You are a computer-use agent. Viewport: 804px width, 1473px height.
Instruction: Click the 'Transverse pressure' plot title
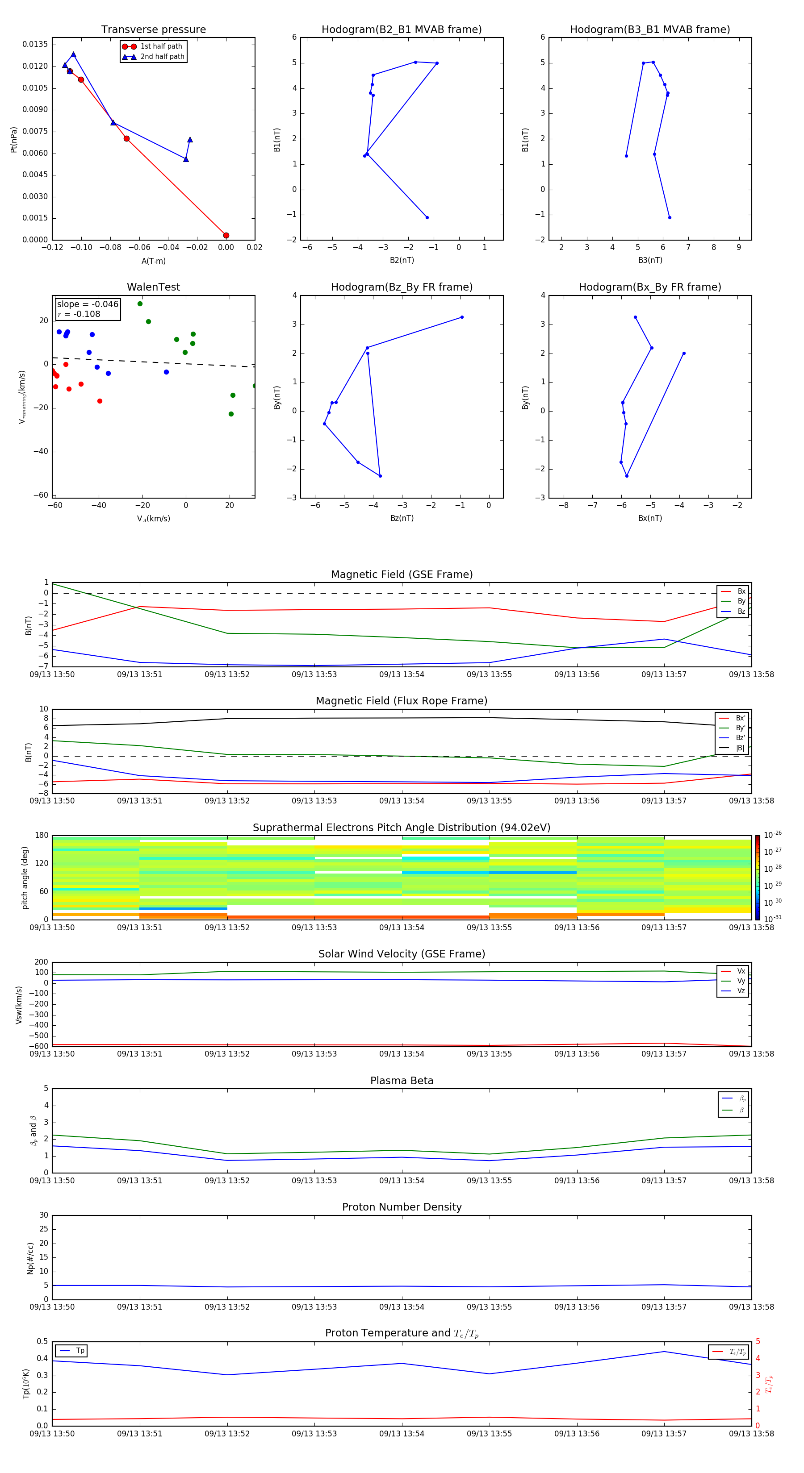coord(153,30)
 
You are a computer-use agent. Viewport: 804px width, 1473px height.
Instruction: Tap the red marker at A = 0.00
coord(226,236)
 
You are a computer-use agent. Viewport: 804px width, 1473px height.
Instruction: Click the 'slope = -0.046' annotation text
coord(88,304)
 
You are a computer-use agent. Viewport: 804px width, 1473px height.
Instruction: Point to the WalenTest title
coord(153,287)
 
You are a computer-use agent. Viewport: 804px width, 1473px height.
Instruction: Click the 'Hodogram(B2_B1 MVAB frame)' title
coord(401,30)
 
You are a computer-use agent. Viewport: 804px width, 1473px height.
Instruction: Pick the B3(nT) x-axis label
coord(650,260)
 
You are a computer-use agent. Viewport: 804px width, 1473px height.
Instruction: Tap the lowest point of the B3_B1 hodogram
coord(670,217)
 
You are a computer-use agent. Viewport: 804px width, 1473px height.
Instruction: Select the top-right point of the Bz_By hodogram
coord(462,317)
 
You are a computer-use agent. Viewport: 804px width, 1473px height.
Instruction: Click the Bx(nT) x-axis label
coord(650,518)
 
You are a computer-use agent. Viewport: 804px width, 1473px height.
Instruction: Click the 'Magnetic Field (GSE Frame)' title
coord(402,574)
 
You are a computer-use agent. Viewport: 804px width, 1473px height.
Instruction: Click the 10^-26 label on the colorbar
coord(773,835)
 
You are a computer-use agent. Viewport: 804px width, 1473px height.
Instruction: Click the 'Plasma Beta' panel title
coord(402,1081)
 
